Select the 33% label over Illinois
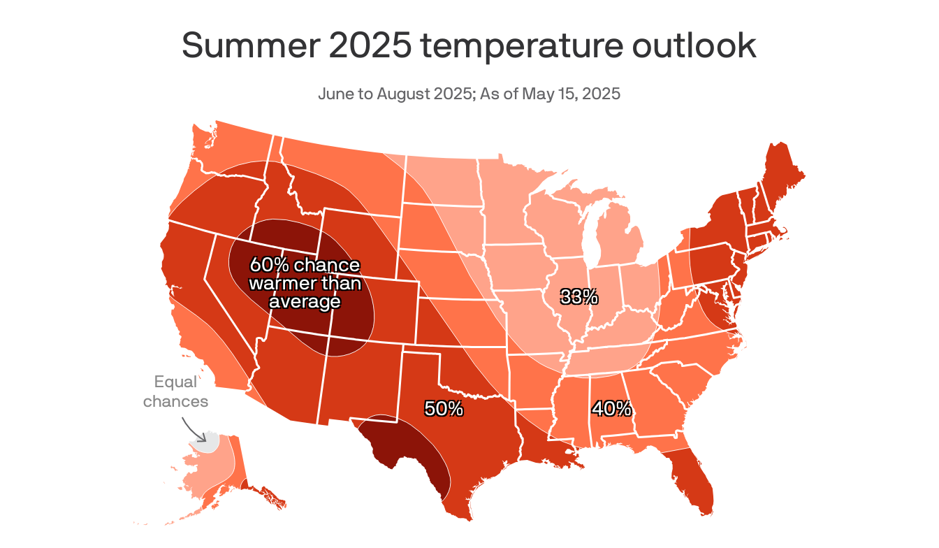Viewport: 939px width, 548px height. pyautogui.click(x=579, y=297)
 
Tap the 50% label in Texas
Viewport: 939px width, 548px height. pyautogui.click(x=444, y=409)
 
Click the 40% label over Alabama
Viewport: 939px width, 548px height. pyautogui.click(x=612, y=408)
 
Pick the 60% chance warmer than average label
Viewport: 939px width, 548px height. pyautogui.click(x=305, y=283)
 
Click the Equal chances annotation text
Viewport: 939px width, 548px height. pyautogui.click(x=176, y=391)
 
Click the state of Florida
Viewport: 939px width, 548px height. pyautogui.click(x=692, y=482)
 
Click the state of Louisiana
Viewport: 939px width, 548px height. pyautogui.click(x=545, y=447)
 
